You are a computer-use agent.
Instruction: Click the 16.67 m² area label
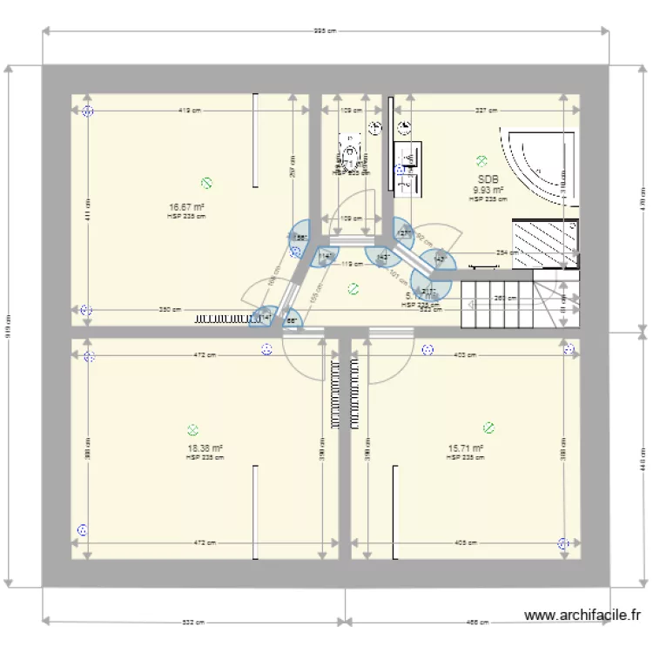[x=187, y=207]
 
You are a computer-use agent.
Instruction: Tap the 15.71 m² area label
[x=465, y=449]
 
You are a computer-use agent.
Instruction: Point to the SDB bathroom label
[x=488, y=179]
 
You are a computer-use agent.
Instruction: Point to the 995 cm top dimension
[x=326, y=31]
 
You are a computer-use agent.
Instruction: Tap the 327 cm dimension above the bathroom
[x=487, y=111]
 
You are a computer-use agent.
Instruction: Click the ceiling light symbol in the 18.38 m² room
[x=192, y=429]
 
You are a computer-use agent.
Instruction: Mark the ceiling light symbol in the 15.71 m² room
[x=488, y=427]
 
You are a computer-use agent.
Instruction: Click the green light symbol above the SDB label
[x=481, y=160]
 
